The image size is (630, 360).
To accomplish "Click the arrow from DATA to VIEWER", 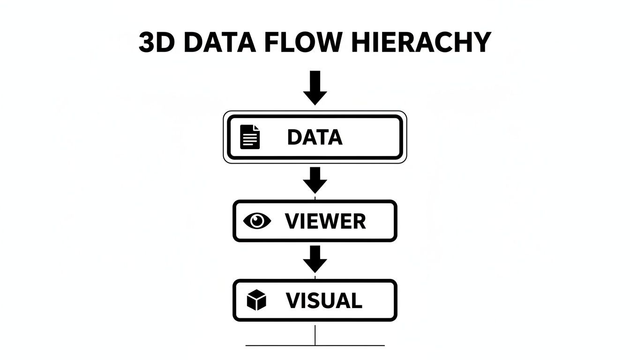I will pyautogui.click(x=315, y=180).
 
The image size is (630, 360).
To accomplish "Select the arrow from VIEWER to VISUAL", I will pyautogui.click(x=315, y=259).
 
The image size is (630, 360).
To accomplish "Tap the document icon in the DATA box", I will pyautogui.click(x=250, y=137).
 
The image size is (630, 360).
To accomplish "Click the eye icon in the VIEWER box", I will pyautogui.click(x=258, y=221).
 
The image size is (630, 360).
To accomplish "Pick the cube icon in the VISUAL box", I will pyautogui.click(x=256, y=300).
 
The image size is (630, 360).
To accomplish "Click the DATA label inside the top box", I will pyautogui.click(x=315, y=137).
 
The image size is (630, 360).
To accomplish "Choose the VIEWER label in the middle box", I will pyautogui.click(x=325, y=221).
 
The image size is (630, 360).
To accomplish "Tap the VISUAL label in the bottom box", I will pyautogui.click(x=324, y=300).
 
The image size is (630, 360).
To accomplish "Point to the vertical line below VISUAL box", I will pyautogui.click(x=315, y=333).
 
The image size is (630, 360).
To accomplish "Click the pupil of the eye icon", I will pyautogui.click(x=258, y=221).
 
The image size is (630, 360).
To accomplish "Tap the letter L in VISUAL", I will pyautogui.click(x=357, y=300).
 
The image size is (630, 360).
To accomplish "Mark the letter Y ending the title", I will pyautogui.click(x=481, y=43).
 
